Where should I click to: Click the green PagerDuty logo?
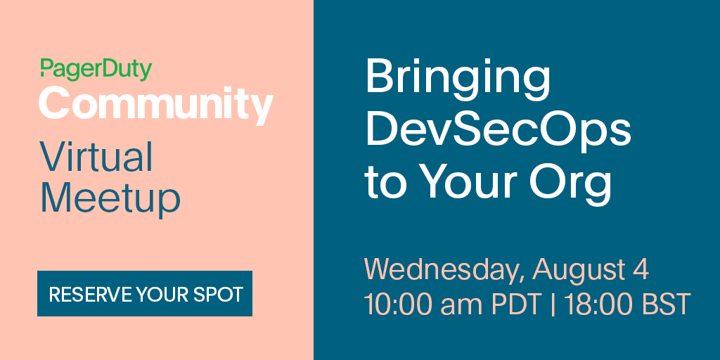coord(96,70)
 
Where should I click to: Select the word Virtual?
coord(96,157)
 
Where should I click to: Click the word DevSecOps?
coord(499,129)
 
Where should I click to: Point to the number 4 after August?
coord(641,269)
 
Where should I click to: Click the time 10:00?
coord(398,304)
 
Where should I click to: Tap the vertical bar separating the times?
coord(552,304)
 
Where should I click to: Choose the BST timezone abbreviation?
coord(662,304)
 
